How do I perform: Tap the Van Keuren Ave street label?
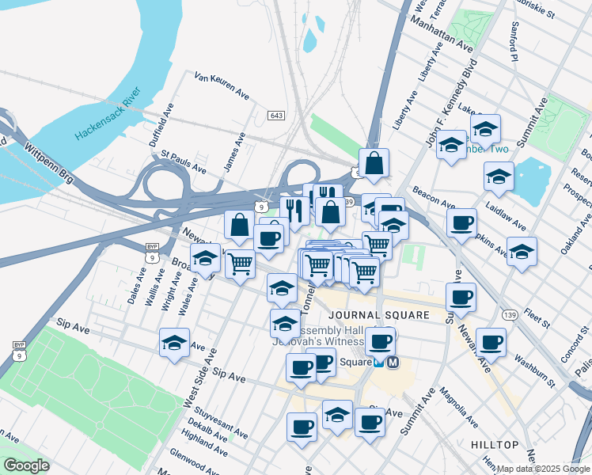coord(222,85)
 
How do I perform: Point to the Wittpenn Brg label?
coord(49,162)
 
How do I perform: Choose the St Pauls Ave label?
coord(184,162)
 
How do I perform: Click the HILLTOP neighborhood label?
coord(494,445)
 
